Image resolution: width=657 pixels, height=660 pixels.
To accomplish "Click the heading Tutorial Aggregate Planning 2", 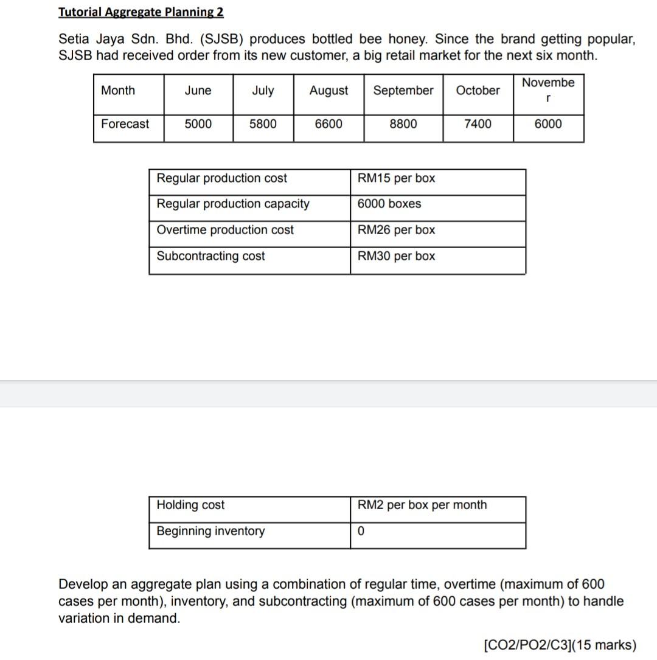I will tap(141, 12).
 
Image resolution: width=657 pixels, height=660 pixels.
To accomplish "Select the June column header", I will tap(198, 91).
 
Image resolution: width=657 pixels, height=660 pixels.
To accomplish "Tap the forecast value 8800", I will tap(403, 124).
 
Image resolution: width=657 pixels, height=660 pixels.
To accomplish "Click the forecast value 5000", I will tap(198, 124).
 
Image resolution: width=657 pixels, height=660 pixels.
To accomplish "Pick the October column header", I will tap(478, 91).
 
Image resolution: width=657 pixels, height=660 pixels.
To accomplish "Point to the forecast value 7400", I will tap(478, 124).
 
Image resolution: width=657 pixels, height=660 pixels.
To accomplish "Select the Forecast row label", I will tap(125, 124).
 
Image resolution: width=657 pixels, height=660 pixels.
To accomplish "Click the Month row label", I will tap(118, 91).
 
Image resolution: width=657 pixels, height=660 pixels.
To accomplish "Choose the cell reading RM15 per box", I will tap(396, 178).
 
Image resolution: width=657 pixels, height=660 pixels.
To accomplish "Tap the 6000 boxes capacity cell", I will tap(389, 204).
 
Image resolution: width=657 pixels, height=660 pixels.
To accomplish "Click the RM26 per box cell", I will tap(396, 230).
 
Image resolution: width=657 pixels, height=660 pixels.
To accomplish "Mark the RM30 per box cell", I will tap(396, 256).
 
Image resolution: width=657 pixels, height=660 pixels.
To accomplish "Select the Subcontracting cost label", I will tap(210, 256).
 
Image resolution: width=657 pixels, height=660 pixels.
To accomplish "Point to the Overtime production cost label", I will tap(225, 230).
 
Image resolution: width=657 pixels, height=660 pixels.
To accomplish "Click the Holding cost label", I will tap(190, 505).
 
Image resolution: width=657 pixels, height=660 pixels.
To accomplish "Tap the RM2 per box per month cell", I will tap(422, 505).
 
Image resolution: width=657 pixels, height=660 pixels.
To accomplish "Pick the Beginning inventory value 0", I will tap(361, 531).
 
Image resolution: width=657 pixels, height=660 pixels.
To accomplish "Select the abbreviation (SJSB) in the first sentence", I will tap(219, 40).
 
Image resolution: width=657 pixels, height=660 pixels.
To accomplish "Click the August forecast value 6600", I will tap(328, 124).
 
